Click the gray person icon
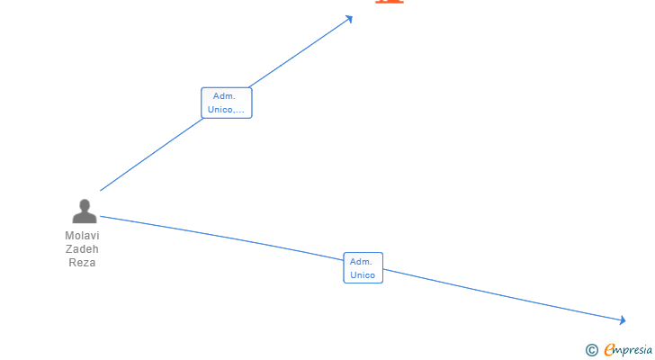click(84, 211)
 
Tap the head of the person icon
click(84, 205)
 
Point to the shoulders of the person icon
click(84, 218)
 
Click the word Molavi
click(82, 236)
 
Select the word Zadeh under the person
click(82, 249)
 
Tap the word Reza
click(82, 263)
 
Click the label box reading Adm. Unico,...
click(226, 103)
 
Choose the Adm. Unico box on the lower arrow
click(363, 268)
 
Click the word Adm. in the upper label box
click(225, 96)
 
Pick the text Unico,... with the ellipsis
click(226, 110)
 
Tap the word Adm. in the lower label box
click(362, 262)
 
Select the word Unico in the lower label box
click(363, 275)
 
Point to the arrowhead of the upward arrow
click(350, 17)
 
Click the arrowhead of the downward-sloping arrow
click(622, 320)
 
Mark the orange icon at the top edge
click(389, 2)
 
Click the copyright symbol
click(591, 350)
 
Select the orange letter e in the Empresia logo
click(609, 350)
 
